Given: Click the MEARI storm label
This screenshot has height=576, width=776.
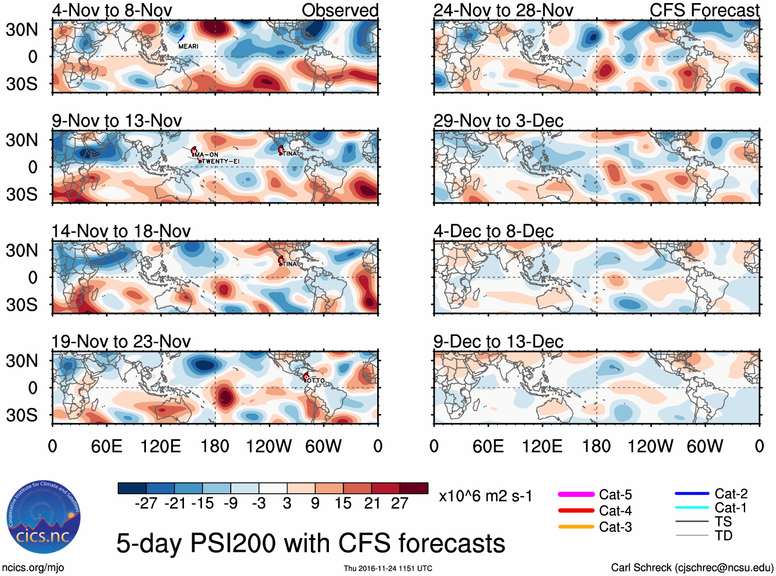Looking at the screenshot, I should pyautogui.click(x=188, y=46).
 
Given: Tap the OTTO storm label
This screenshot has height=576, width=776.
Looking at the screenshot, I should pyautogui.click(x=316, y=381).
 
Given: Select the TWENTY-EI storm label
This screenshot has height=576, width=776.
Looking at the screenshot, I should pyautogui.click(x=220, y=161).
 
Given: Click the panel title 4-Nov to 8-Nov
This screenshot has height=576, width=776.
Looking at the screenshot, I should pyautogui.click(x=112, y=10).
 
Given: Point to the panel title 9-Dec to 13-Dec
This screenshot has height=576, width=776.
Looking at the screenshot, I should pyautogui.click(x=498, y=342).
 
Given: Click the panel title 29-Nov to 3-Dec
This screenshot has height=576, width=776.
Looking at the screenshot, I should pyautogui.click(x=498, y=121).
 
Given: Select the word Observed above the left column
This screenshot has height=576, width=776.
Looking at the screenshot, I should pyautogui.click(x=340, y=10).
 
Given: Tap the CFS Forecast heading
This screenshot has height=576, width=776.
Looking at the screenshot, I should pyautogui.click(x=704, y=10).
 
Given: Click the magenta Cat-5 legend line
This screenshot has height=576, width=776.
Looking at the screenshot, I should pyautogui.click(x=576, y=494).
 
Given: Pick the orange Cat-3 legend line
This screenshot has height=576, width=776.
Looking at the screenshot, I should pyautogui.click(x=576, y=527).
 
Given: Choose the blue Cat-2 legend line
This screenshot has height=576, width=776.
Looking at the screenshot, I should pyautogui.click(x=692, y=494).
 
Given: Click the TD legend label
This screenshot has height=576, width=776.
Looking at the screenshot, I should pyautogui.click(x=723, y=535).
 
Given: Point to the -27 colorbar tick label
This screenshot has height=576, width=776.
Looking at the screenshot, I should pyautogui.click(x=146, y=503).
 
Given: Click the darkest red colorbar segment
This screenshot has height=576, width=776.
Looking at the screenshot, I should pyautogui.click(x=414, y=488).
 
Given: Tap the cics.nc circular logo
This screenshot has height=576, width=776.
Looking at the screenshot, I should pyautogui.click(x=44, y=517).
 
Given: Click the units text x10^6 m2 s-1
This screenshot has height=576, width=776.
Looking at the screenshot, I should pyautogui.click(x=485, y=496).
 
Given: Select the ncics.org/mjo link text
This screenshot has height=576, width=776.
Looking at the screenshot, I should pyautogui.click(x=33, y=567).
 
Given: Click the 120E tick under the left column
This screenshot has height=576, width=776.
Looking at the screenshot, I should pyautogui.click(x=160, y=446).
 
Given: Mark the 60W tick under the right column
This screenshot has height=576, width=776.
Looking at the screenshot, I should pyautogui.click(x=705, y=446).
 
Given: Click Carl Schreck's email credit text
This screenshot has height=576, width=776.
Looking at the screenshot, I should pyautogui.click(x=692, y=567).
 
